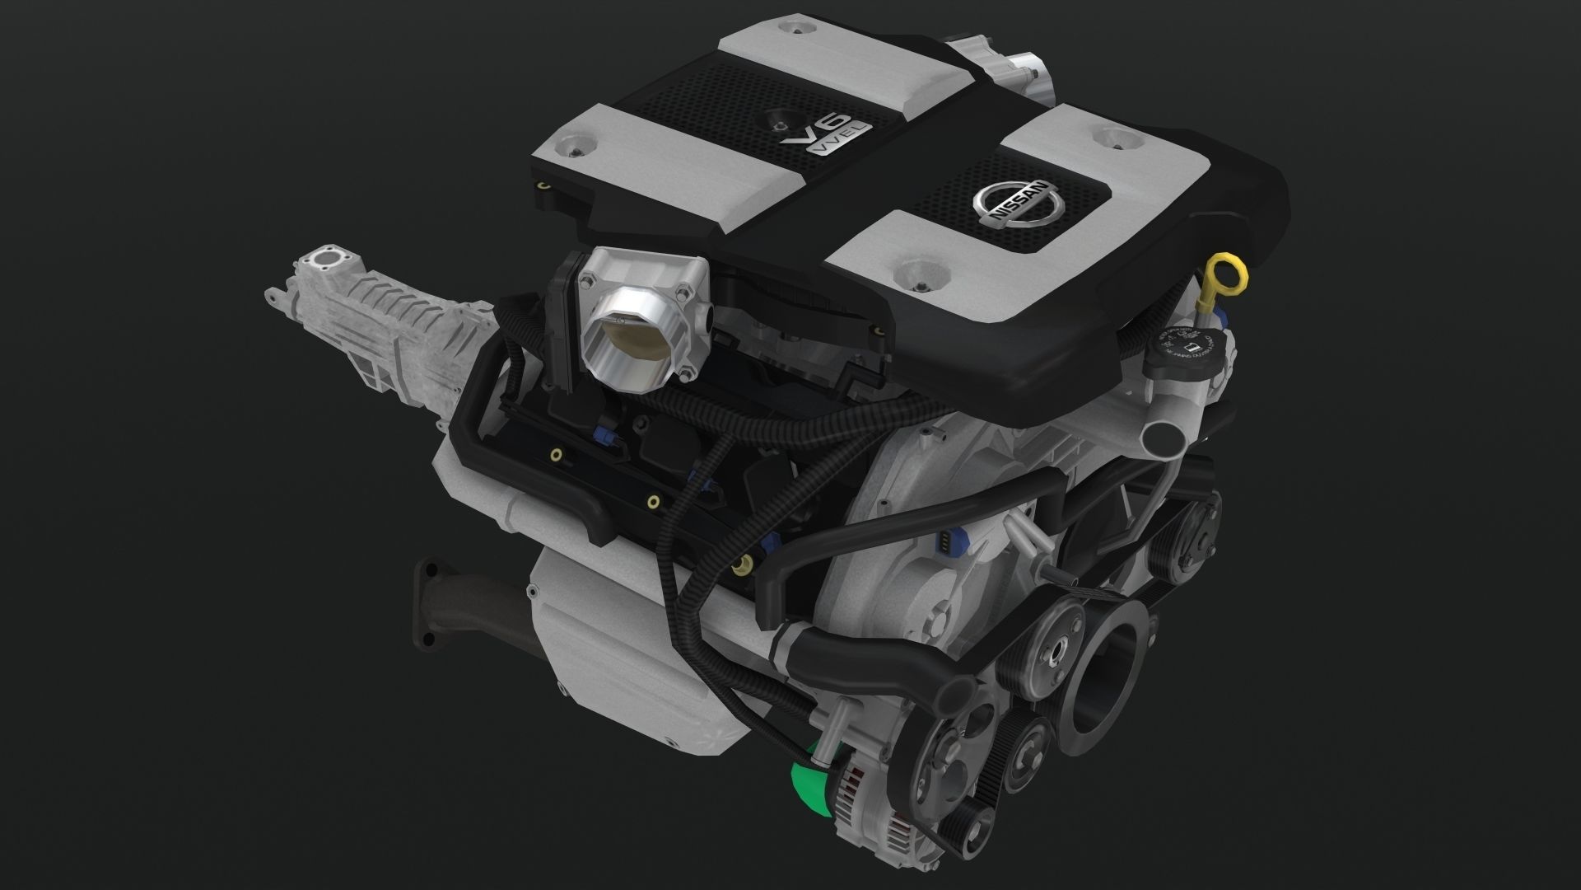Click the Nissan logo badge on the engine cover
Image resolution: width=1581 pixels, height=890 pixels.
pyautogui.click(x=1013, y=205)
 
